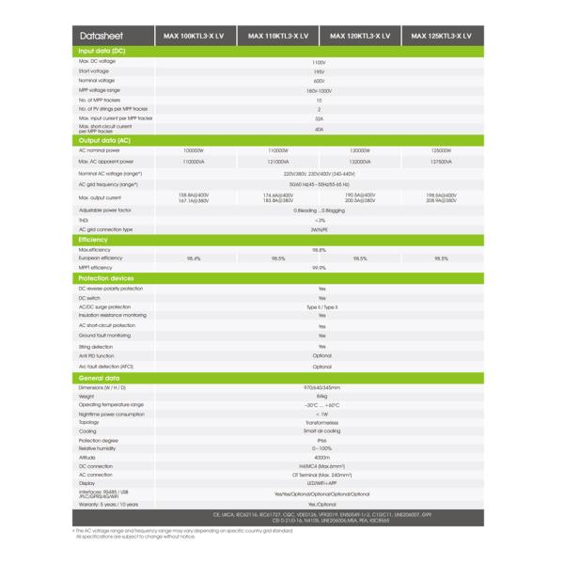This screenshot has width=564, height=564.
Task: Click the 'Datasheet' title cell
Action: coord(97,36)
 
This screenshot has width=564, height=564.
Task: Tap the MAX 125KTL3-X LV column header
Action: coord(441,36)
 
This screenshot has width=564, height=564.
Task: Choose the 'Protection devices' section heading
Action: coord(105,278)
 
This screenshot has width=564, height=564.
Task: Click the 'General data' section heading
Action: coord(99,378)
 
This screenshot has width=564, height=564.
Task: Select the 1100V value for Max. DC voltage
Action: coord(319,61)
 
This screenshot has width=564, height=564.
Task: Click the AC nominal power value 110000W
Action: coord(278,150)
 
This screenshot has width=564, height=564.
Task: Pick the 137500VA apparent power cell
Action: coord(441,162)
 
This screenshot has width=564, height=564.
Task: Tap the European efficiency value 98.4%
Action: coord(194,258)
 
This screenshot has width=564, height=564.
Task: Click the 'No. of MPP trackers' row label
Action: coord(99,100)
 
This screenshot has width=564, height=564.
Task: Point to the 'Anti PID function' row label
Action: coord(97,356)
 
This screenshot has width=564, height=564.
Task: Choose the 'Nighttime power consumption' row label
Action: coord(111,414)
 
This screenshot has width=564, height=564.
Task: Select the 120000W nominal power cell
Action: coord(359,150)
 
